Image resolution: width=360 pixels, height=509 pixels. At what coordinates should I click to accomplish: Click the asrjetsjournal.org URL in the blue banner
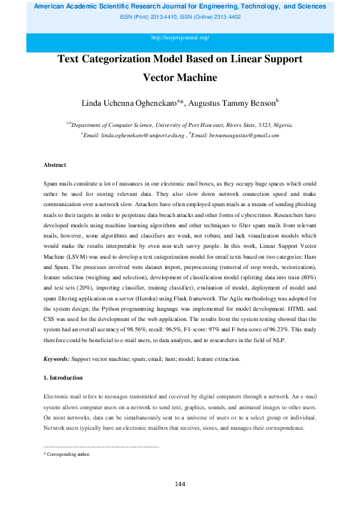point(180,37)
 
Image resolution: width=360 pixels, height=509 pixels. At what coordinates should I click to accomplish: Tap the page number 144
point(180,484)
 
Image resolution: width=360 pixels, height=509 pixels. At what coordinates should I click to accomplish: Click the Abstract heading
point(54,165)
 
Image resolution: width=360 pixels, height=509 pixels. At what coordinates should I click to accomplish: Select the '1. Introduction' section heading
point(63,377)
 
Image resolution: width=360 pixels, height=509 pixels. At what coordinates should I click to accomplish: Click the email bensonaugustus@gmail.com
point(244,135)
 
